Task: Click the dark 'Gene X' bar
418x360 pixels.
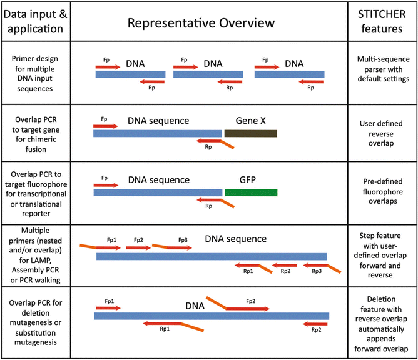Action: coord(250,133)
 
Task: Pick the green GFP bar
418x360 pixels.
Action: coord(250,192)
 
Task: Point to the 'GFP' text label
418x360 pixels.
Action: coord(248,177)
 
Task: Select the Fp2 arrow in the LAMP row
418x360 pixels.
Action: coord(138,247)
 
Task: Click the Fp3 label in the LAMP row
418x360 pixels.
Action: coord(183,239)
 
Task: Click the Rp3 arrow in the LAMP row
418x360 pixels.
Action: coord(317,265)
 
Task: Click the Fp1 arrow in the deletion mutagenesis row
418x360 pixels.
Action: coord(108,308)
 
